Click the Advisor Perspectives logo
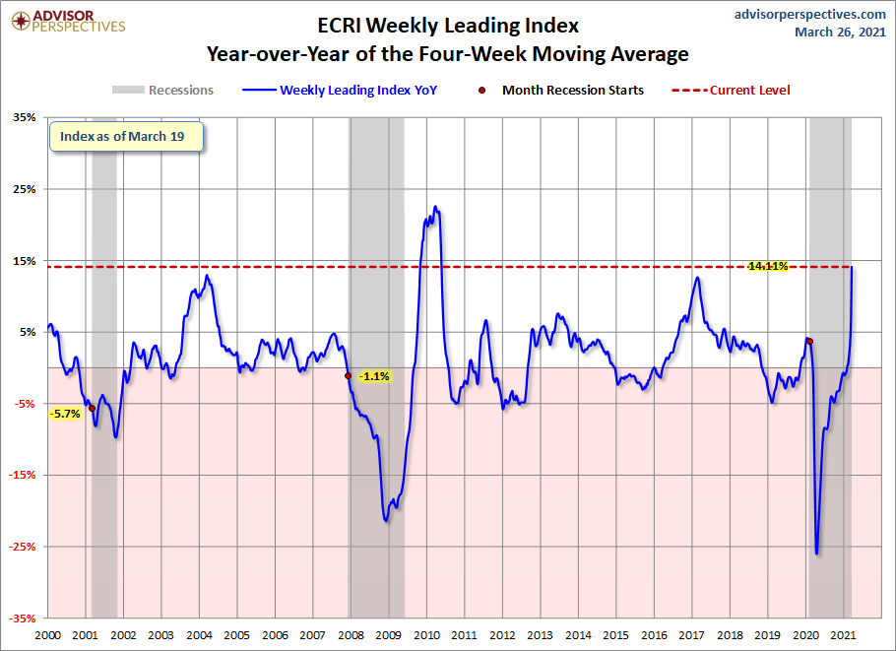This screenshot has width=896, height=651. [x=68, y=21]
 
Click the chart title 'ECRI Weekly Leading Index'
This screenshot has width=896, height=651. [x=448, y=26]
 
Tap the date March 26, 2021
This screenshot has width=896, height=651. [x=840, y=32]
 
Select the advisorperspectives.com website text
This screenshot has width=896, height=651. [x=809, y=14]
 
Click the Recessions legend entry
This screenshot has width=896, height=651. [x=162, y=90]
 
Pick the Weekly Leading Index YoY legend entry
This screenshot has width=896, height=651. [x=340, y=90]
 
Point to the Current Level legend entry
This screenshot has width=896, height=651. [x=731, y=90]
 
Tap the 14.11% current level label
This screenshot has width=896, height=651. [x=768, y=266]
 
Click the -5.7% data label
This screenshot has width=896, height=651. [x=65, y=414]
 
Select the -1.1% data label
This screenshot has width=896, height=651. [x=374, y=376]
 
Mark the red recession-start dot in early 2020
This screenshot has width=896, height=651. [x=809, y=341]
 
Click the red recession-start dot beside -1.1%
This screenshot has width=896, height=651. [x=348, y=375]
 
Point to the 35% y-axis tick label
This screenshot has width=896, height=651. [x=25, y=117]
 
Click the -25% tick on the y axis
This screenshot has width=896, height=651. [x=23, y=547]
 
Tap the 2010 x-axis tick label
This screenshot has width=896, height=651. [x=426, y=635]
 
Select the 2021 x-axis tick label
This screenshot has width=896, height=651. [x=843, y=635]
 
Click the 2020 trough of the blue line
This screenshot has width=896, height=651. [x=816, y=553]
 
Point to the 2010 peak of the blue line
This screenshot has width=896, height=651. [x=435, y=207]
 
